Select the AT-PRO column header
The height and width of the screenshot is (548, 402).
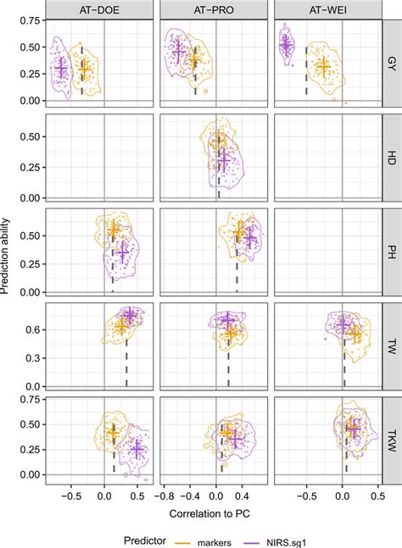coord(215,11)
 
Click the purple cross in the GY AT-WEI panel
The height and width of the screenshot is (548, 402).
coord(287,44)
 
